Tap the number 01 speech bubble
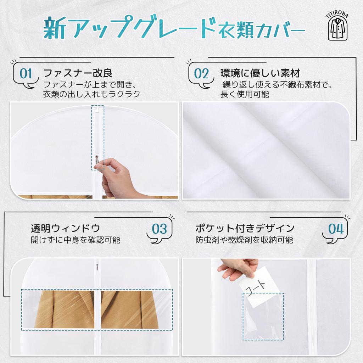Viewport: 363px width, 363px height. [x=26, y=74]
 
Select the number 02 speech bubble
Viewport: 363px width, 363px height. [x=201, y=74]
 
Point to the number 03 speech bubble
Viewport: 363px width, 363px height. [x=159, y=229]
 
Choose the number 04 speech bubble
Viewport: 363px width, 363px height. [x=335, y=229]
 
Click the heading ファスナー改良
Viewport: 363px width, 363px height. [x=78, y=73]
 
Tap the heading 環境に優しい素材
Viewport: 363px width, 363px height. [x=260, y=73]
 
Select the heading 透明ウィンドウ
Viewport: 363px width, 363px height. [x=65, y=228]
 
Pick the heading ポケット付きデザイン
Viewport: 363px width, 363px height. [x=245, y=228]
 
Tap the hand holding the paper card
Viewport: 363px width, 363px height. [x=238, y=268]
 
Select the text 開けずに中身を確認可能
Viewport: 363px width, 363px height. [x=75, y=240]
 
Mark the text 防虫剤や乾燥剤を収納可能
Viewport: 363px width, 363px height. [x=244, y=240]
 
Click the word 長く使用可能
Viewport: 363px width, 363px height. [x=245, y=94]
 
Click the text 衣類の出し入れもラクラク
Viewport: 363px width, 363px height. [x=91, y=94]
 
